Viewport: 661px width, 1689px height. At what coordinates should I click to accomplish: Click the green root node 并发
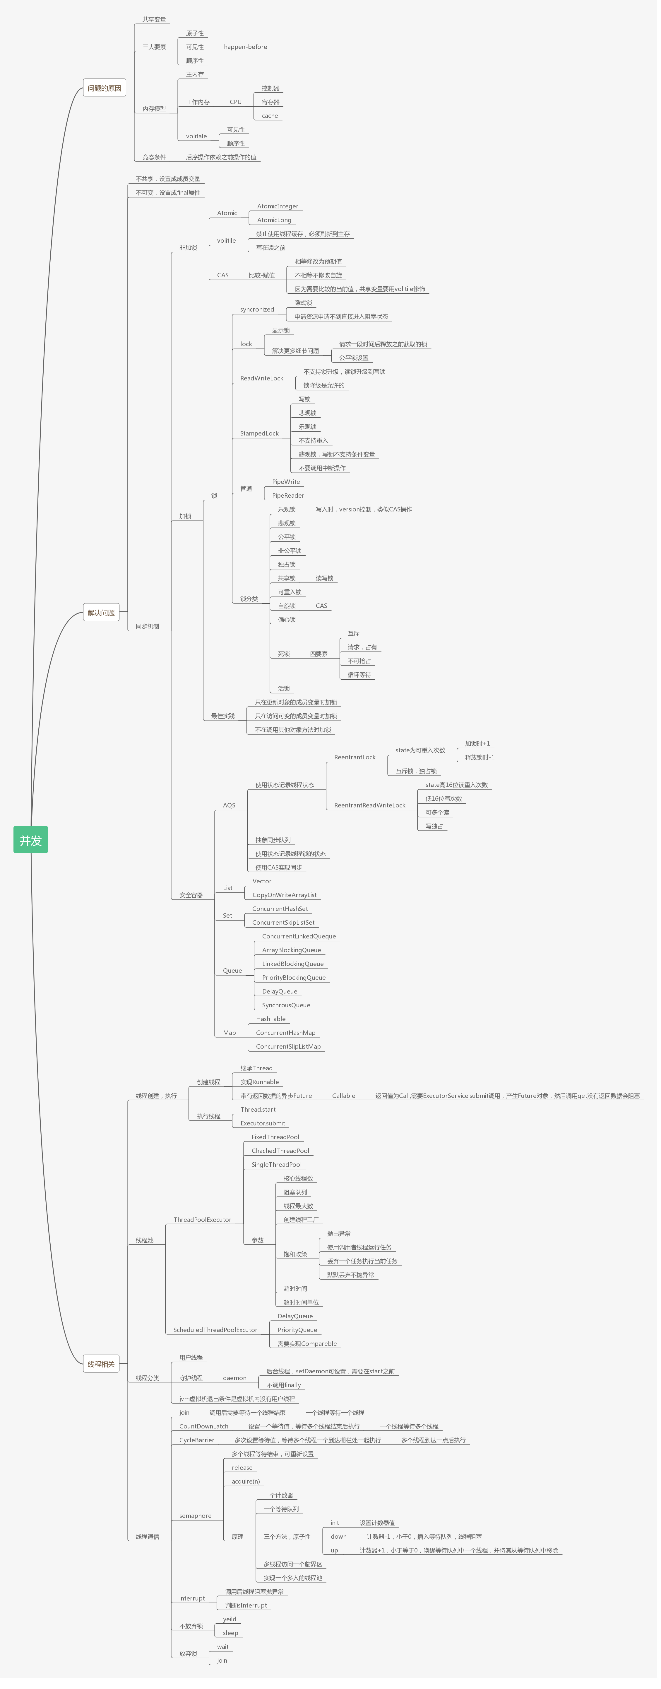[31, 840]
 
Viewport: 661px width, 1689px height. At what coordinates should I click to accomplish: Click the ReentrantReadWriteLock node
[369, 805]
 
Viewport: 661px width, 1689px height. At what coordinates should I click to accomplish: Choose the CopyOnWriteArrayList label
[284, 895]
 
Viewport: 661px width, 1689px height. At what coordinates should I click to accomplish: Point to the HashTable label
[270, 1019]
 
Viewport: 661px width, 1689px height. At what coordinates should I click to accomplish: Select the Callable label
[343, 1096]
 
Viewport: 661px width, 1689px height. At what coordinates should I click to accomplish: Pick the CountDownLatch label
[204, 1426]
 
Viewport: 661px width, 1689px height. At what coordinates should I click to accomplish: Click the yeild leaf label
[229, 1619]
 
